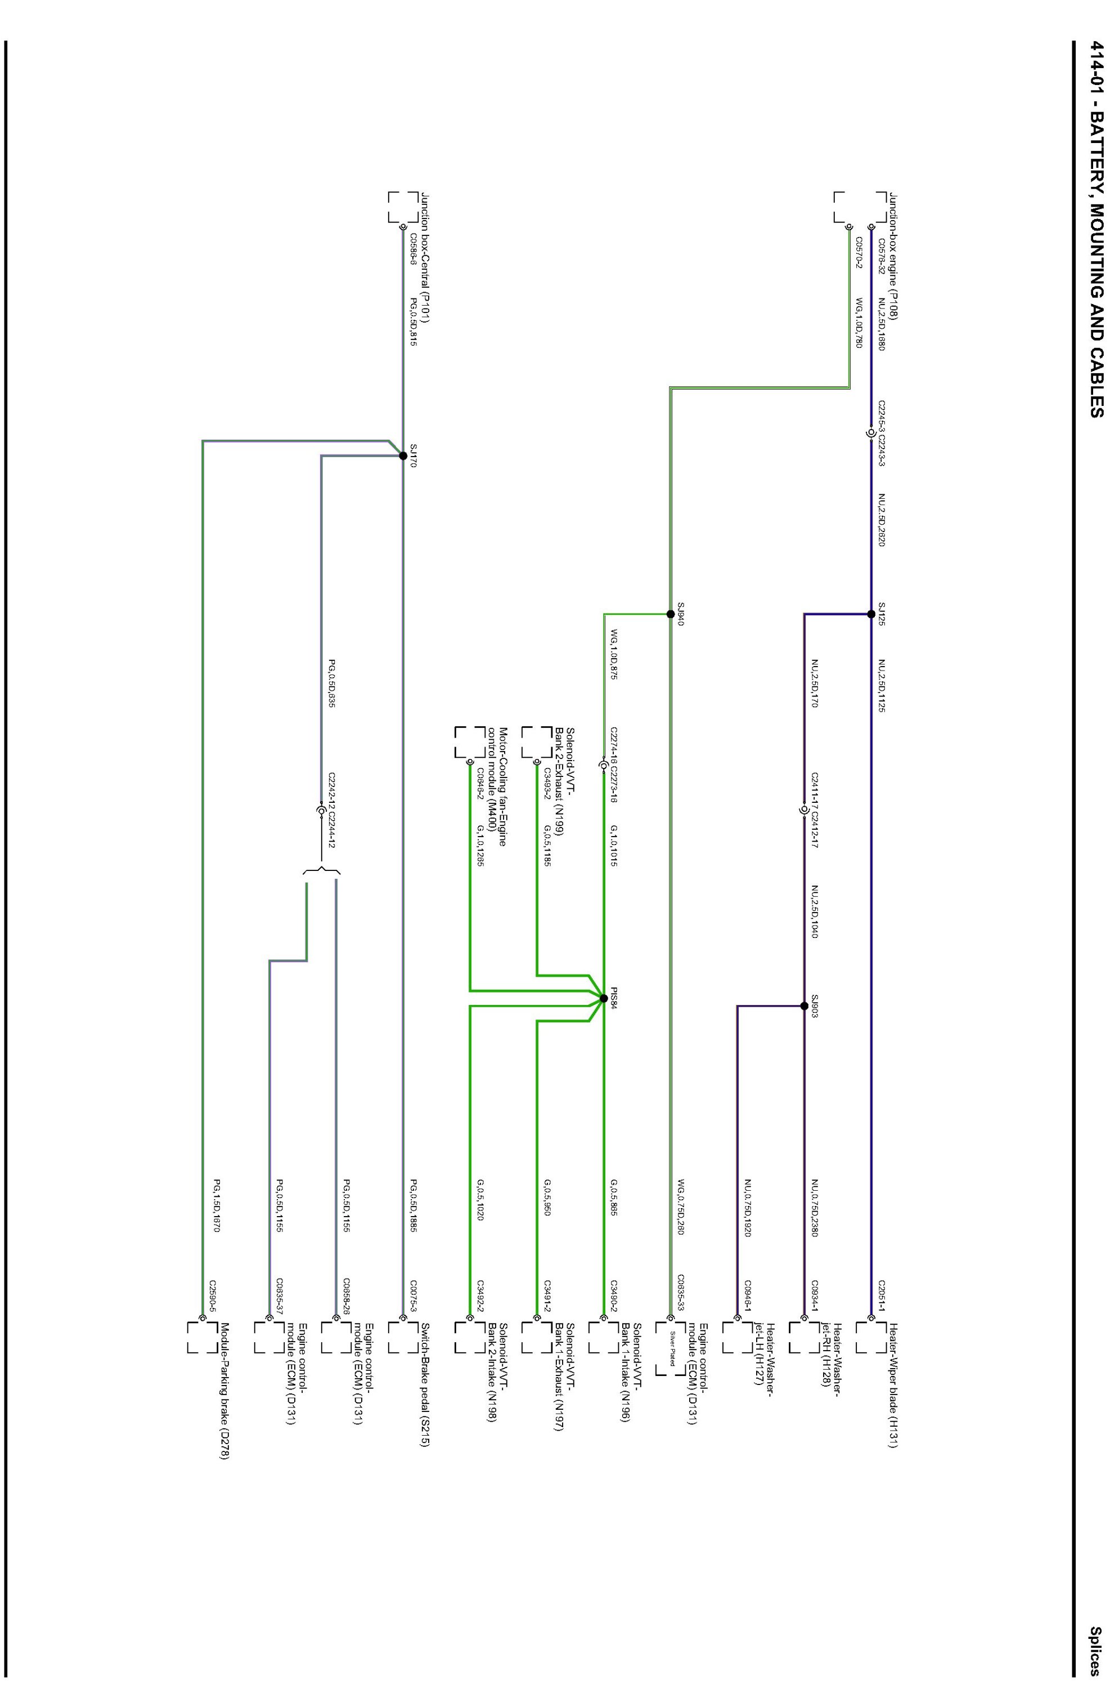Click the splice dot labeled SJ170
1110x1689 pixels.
(x=403, y=457)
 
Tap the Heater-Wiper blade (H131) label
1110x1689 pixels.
(x=892, y=1386)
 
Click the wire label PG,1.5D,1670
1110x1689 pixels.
(x=217, y=1206)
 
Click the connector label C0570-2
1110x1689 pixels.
(x=859, y=253)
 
